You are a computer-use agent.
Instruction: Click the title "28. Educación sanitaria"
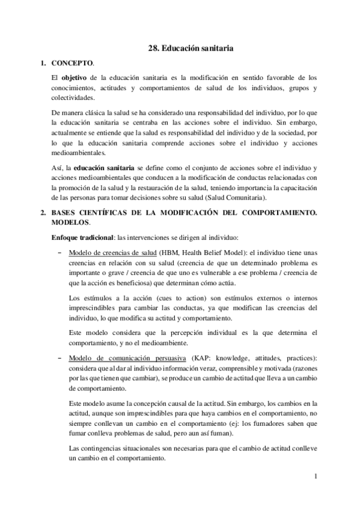pyautogui.click(x=191, y=46)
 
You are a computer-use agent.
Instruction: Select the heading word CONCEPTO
pyautogui.click(x=73, y=63)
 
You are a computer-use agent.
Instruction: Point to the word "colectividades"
pyautogui.click(x=73, y=97)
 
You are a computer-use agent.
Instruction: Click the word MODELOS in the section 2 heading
pyautogui.click(x=73, y=223)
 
